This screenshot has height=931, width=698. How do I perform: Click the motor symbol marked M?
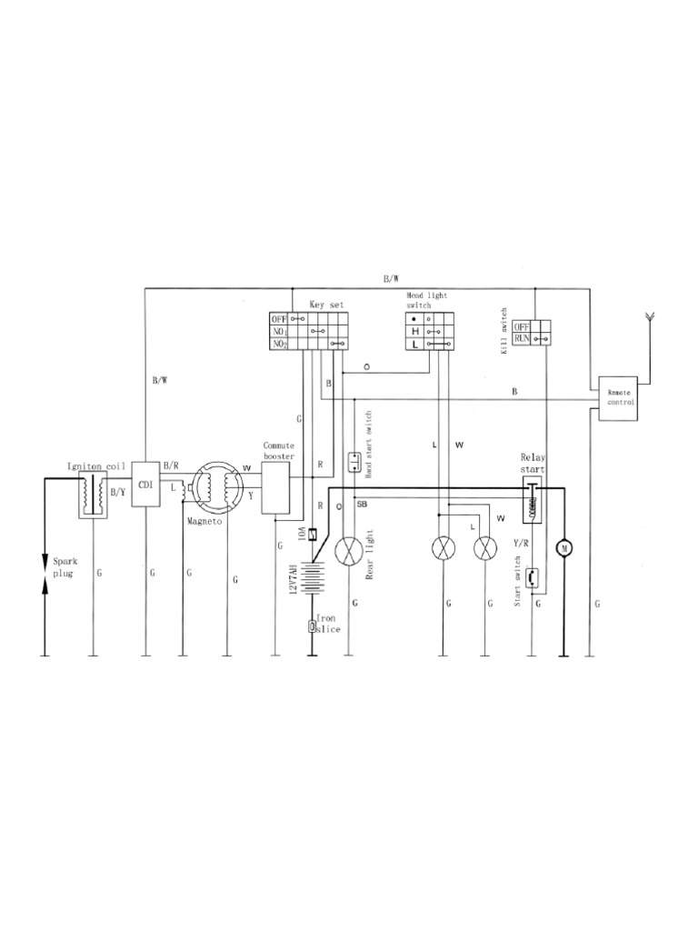pos(564,547)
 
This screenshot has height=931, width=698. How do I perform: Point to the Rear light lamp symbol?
pos(349,551)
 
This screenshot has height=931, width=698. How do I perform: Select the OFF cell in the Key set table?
pos(279,319)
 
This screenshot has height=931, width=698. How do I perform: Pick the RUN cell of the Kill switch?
pos(522,338)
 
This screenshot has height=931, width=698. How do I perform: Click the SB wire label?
pos(361,503)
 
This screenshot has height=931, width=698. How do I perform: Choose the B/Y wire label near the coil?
pos(117,492)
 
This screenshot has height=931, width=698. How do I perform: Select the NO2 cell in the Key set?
pos(279,345)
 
